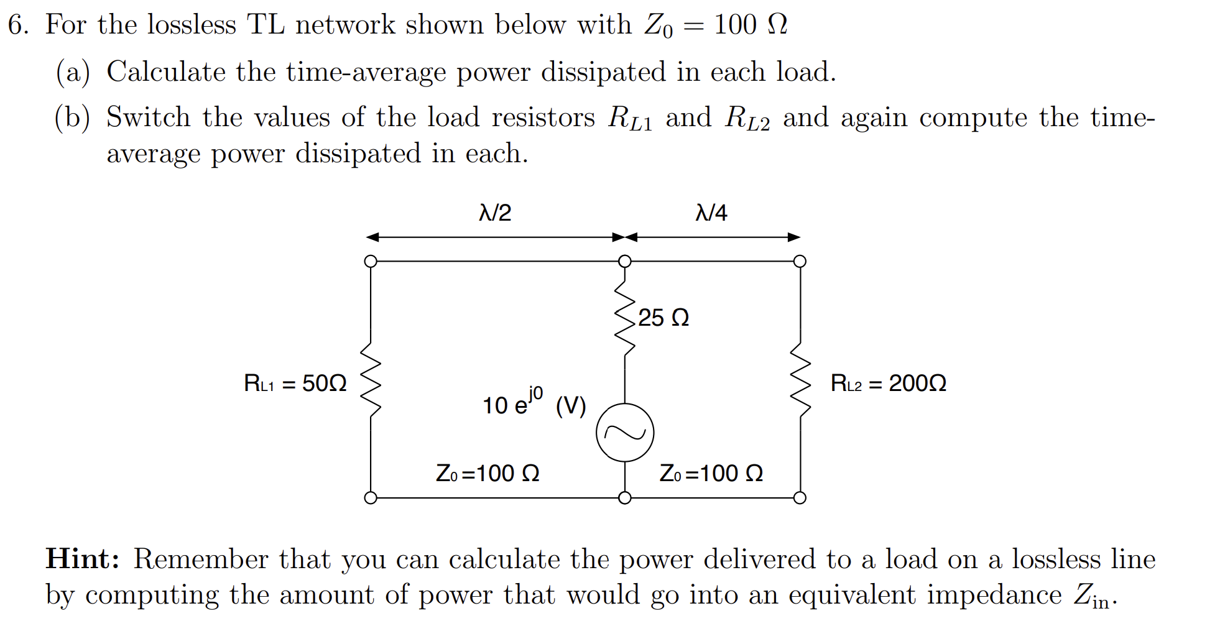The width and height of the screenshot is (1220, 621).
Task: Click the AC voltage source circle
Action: pyautogui.click(x=624, y=433)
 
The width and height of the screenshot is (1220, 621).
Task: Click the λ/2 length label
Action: pyautogui.click(x=495, y=213)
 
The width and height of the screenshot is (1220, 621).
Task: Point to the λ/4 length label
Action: pyautogui.click(x=711, y=213)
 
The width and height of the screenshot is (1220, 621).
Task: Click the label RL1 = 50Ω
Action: pyautogui.click(x=295, y=383)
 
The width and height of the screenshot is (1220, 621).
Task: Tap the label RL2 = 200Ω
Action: pyautogui.click(x=888, y=383)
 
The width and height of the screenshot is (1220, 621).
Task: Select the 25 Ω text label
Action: pyautogui.click(x=663, y=318)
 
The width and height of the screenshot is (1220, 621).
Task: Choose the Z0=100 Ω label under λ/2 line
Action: pyautogui.click(x=488, y=474)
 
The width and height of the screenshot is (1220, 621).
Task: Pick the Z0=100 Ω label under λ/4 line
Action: pyautogui.click(x=711, y=474)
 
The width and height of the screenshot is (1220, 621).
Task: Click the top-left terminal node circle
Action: pyautogui.click(x=371, y=261)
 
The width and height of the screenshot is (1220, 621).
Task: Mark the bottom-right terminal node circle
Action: pyautogui.click(x=800, y=498)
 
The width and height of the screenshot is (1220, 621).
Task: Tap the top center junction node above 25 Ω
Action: pyautogui.click(x=624, y=261)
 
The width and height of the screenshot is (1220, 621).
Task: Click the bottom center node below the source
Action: pyautogui.click(x=624, y=498)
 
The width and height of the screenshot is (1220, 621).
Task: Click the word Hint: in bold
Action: pyautogui.click(x=83, y=559)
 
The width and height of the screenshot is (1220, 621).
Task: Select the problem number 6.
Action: pyautogui.click(x=17, y=25)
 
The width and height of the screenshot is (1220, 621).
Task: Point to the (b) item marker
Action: pyautogui.click(x=72, y=117)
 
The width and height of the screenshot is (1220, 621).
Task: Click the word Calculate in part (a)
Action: pyautogui.click(x=165, y=72)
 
